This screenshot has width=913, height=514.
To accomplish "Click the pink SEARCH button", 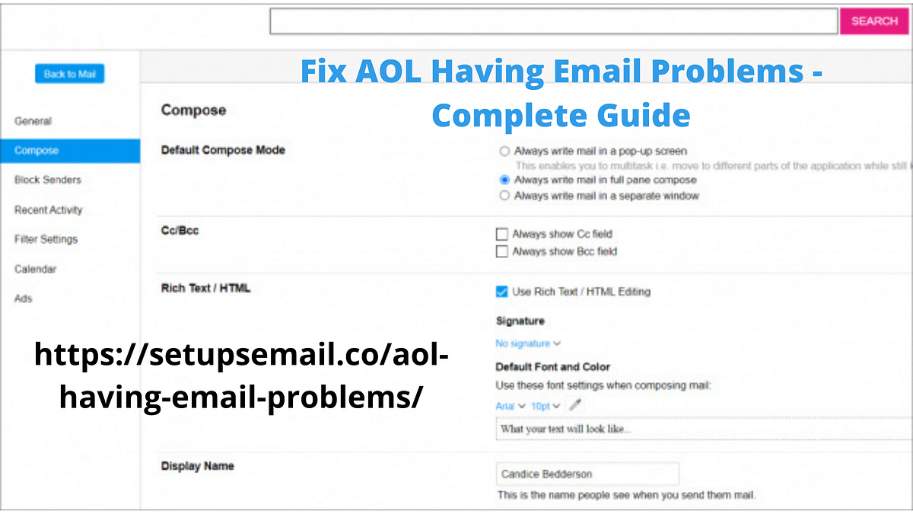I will point(874,21).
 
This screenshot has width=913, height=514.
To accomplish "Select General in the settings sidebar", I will point(33,121).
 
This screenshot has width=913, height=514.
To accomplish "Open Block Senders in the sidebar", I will point(47,180).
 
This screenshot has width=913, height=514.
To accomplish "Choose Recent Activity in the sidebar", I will point(48,209).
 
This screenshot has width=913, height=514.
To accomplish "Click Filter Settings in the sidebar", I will point(46,239).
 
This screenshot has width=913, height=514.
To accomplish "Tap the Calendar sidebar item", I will point(35,269).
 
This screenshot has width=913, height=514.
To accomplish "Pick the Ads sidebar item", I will point(24,299).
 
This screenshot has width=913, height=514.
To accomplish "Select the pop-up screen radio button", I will point(504,152).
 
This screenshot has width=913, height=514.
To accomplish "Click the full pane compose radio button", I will point(504,180).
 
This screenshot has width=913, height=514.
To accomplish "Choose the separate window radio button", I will point(504,196).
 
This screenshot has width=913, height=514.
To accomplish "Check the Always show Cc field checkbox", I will point(501,235).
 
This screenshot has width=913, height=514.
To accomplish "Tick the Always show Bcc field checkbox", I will point(501,251).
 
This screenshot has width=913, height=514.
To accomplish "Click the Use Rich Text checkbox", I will point(501,292).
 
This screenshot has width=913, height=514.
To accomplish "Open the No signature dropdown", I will point(528,343).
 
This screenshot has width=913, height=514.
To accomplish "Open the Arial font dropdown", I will point(510,407).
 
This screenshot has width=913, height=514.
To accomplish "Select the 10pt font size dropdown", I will point(546,407).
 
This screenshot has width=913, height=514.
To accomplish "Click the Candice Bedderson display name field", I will point(587,474).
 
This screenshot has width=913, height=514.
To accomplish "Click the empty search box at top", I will point(553,21).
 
